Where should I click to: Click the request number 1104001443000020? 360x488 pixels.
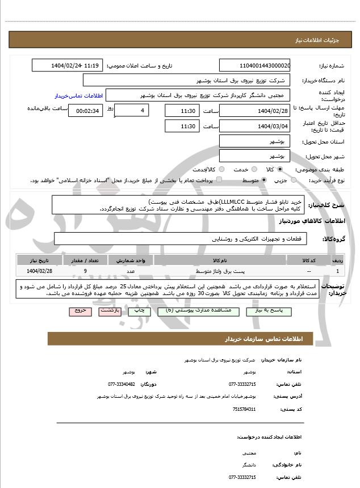254,65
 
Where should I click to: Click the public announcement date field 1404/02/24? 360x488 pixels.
68,65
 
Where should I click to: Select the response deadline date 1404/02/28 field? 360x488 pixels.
254,110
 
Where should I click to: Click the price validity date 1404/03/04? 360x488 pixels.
254,125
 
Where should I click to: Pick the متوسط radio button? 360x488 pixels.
263,180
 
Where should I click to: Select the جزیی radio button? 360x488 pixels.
293,180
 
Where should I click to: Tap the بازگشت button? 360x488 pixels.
108,312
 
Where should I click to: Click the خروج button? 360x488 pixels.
79,312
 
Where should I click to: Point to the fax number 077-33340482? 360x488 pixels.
122,384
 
